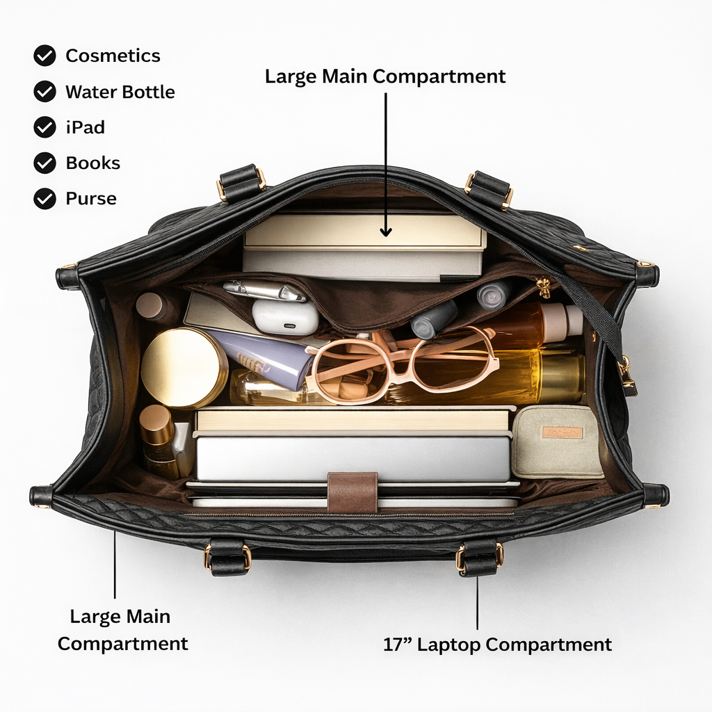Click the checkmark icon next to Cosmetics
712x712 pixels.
(x=44, y=56)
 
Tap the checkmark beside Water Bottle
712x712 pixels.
(x=44, y=91)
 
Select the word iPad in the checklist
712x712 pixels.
(x=86, y=127)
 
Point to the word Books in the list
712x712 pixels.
(x=93, y=163)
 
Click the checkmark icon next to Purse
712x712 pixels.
(x=44, y=198)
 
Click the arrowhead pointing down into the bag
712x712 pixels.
(x=386, y=232)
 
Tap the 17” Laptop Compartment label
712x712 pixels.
(x=497, y=645)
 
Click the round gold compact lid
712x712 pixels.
(x=184, y=368)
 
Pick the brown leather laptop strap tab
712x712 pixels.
(x=353, y=492)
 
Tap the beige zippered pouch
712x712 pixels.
(x=557, y=442)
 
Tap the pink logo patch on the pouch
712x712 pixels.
(x=563, y=432)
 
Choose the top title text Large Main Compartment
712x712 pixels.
(x=385, y=76)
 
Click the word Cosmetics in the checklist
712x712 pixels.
(x=113, y=56)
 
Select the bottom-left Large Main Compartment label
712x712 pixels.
(x=122, y=630)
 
